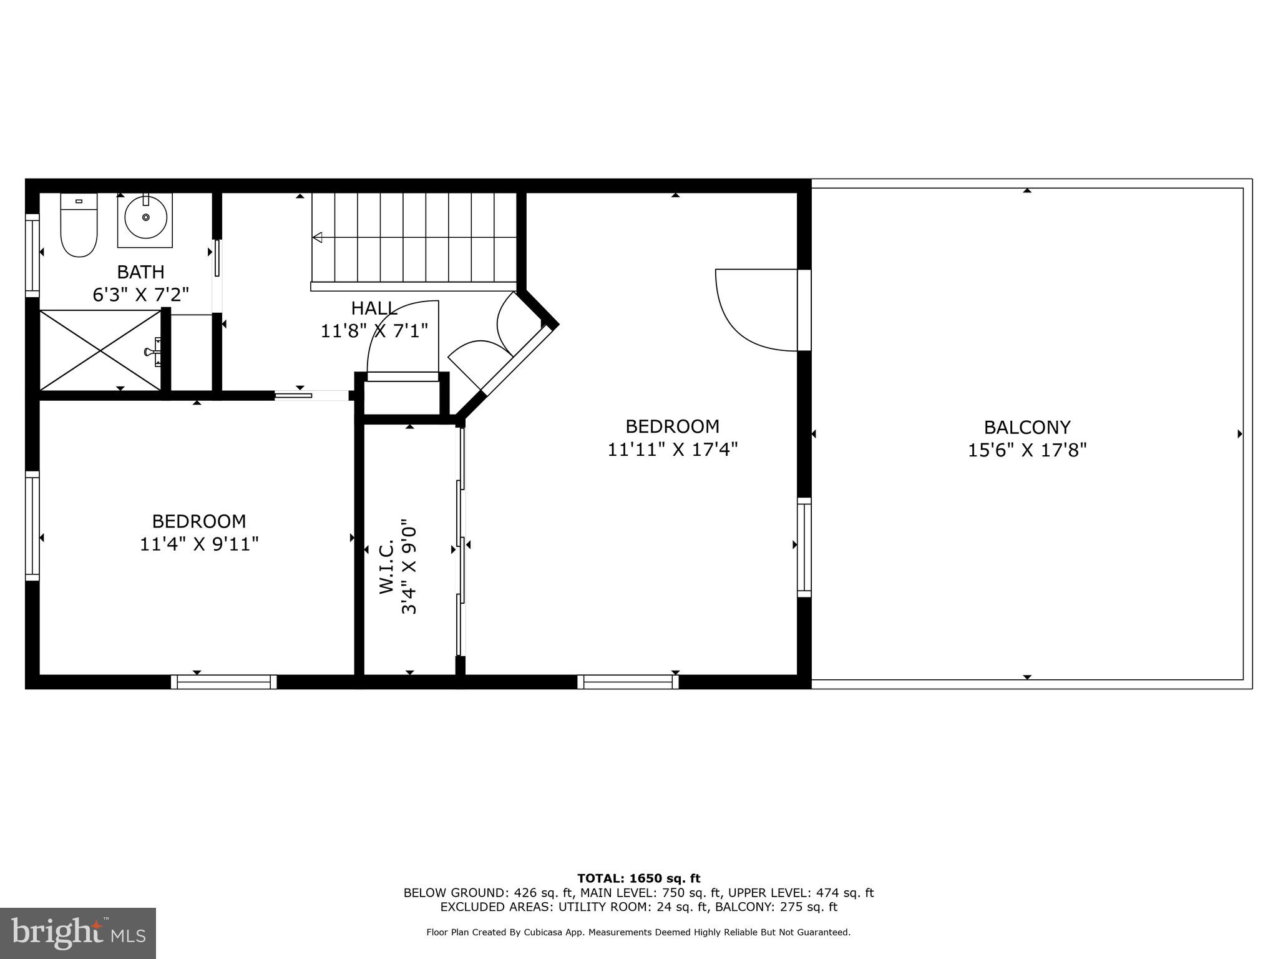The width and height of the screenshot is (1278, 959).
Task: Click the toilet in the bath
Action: [79, 226]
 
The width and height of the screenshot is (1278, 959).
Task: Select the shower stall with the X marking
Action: [100, 351]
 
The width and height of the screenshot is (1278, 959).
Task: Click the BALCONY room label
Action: [1027, 428]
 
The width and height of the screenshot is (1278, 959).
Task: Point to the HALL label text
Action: [374, 308]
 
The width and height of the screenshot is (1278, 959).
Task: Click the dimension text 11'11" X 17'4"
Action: [672, 450]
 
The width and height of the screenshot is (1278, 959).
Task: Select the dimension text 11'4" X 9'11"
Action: [198, 544]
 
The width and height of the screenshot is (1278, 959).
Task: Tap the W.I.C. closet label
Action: [387, 566]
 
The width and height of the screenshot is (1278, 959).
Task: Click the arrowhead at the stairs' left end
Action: [317, 237]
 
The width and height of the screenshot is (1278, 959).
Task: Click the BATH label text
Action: [141, 272]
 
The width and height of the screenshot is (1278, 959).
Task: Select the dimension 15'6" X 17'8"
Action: [1027, 450]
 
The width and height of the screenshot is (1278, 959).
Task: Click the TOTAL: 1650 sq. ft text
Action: [638, 878]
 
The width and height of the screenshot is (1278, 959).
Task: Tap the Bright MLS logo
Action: [78, 933]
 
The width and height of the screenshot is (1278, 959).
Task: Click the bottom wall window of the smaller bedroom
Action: [224, 682]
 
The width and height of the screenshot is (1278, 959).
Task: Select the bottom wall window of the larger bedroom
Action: [628, 682]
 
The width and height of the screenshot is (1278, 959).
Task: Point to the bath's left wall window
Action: [32, 255]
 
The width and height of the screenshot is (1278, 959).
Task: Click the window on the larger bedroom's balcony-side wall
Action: [804, 548]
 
